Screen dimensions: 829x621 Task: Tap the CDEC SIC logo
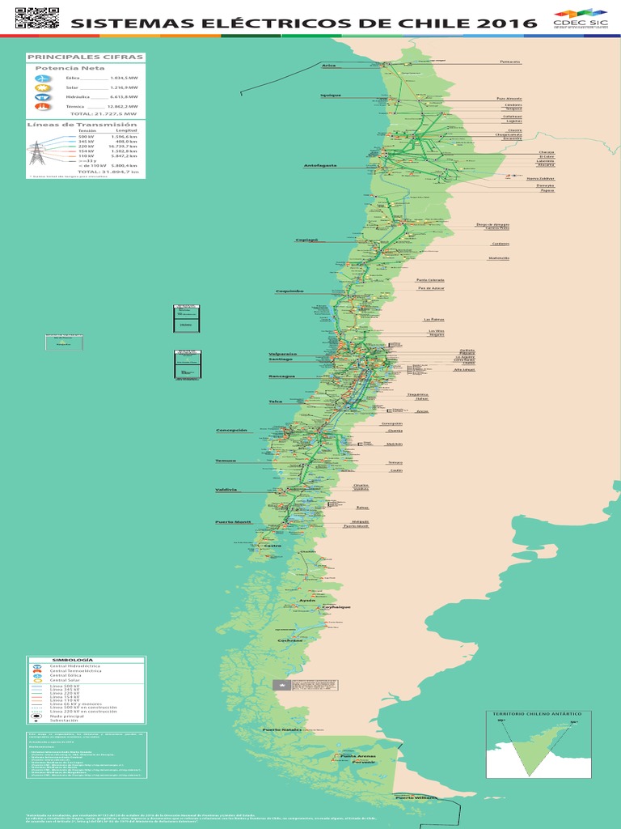coord(581,19)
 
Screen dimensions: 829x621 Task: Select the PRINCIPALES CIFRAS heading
coord(85,57)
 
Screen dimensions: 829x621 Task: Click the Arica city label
coord(328,66)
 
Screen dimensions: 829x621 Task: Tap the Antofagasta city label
coord(320,165)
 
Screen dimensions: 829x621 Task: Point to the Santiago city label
coord(281,359)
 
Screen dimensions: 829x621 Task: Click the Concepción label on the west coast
coord(231,430)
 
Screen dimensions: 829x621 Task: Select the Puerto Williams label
coord(416,797)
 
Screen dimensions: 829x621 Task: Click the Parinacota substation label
coord(510,62)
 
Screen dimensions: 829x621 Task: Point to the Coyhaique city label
coord(336,606)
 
